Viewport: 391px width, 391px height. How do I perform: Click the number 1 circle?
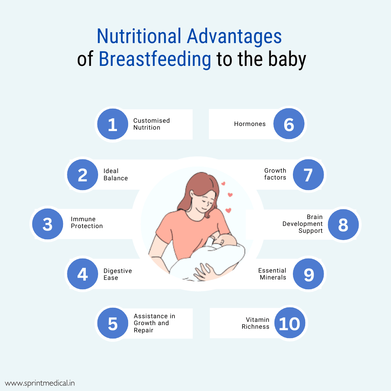point(113,125)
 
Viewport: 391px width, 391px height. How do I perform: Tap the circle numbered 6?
point(289,124)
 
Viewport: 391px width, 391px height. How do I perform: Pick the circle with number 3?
point(47,224)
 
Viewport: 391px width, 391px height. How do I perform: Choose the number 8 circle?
point(343,224)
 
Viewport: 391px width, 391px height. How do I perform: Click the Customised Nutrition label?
point(151,124)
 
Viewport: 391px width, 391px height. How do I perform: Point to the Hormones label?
point(250,124)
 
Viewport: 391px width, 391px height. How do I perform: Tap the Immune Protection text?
point(87,223)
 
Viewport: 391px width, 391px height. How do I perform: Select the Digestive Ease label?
point(118,274)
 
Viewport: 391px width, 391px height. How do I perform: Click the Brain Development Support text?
point(303,224)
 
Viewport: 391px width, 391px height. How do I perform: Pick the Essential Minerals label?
point(272,274)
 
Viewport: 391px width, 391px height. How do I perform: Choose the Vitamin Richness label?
point(256,323)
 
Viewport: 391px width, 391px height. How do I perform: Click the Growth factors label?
point(275,174)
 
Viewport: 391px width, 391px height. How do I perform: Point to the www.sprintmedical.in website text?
point(40,383)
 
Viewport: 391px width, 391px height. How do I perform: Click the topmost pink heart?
point(223,184)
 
